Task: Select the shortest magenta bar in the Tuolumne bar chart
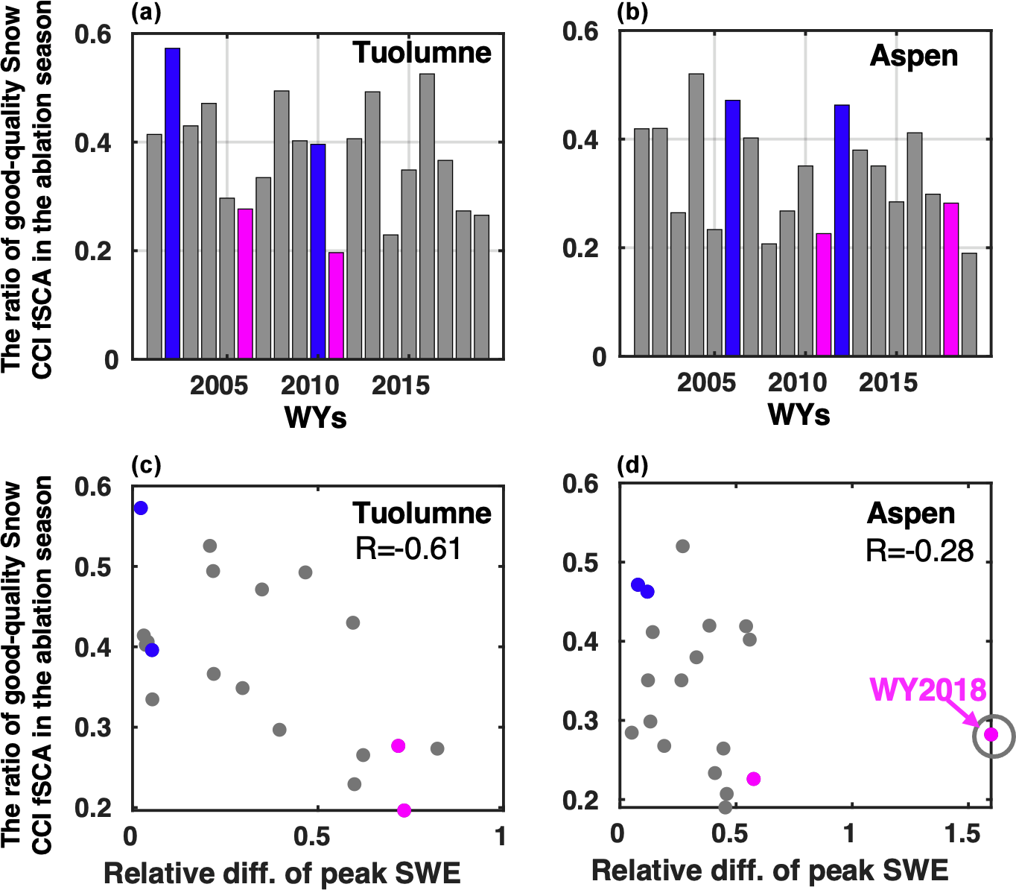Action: click(336, 306)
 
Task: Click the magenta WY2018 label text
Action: click(927, 690)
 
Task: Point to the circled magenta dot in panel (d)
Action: click(991, 735)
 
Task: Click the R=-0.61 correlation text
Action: click(408, 549)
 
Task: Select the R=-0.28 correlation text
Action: click(919, 551)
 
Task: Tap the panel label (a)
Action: click(146, 13)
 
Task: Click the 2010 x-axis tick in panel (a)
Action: click(310, 385)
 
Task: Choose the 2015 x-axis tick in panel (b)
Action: click(888, 382)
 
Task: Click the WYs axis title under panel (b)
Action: click(798, 414)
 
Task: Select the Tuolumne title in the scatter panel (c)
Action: click(422, 513)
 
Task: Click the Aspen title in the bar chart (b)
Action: click(913, 57)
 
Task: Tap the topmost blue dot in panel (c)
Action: click(141, 508)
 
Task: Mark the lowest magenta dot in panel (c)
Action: click(404, 810)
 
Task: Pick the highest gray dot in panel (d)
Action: click(682, 546)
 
